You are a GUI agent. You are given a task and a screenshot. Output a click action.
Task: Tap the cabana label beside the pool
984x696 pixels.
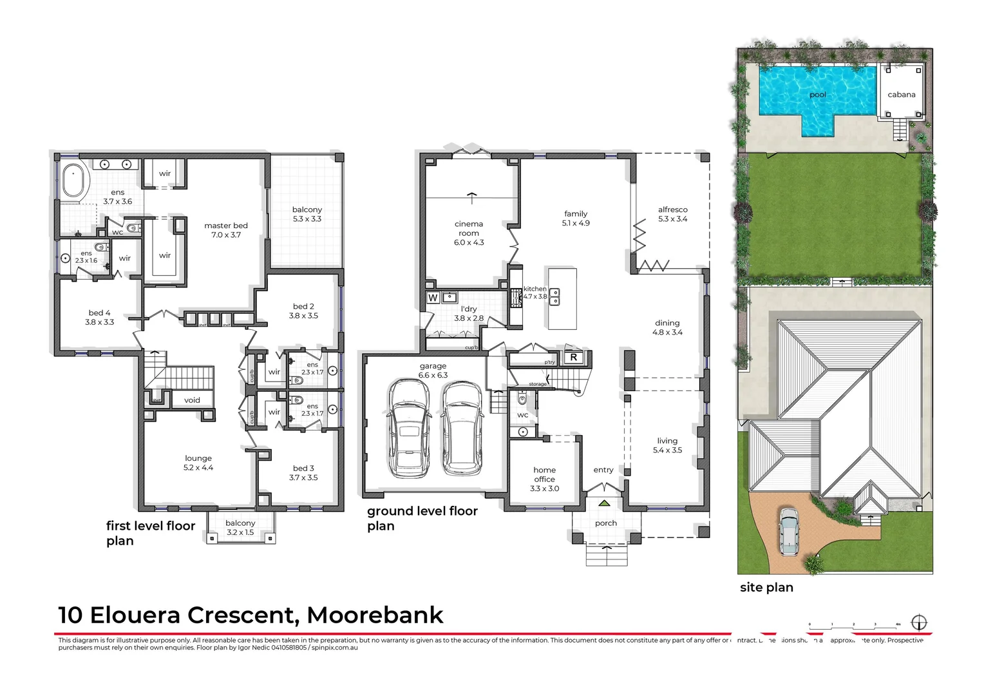point(901,95)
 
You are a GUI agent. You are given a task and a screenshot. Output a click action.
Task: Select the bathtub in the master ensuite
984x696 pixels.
point(73,180)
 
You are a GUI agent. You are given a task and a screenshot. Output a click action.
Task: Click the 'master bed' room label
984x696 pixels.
point(226,226)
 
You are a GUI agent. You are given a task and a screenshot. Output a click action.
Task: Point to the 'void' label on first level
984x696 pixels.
point(192,400)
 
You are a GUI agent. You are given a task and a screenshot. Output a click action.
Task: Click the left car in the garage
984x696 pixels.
point(409,427)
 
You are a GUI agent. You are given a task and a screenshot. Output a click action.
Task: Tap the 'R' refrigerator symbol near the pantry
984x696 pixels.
point(573,357)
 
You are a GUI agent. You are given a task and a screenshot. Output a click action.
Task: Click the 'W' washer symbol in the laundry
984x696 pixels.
point(433,298)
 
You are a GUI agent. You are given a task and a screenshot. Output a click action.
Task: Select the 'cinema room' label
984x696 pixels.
point(469,228)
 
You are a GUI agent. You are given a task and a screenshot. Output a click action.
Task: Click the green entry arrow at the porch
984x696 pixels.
point(604,503)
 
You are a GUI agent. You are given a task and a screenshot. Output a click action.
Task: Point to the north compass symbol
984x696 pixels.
point(919,623)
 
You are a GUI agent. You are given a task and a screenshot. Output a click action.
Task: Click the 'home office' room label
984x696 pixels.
point(544,474)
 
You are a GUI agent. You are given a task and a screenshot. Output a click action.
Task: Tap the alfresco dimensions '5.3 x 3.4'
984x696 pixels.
point(673,219)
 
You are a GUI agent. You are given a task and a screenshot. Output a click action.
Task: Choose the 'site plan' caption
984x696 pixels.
point(766,587)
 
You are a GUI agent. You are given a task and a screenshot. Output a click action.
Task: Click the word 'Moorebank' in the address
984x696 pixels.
point(375,615)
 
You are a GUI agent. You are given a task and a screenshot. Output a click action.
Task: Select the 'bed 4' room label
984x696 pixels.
point(100,313)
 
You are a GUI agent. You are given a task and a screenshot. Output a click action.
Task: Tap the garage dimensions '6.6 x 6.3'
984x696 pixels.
point(433,375)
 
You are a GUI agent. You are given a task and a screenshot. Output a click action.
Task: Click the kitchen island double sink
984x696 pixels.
point(554,297)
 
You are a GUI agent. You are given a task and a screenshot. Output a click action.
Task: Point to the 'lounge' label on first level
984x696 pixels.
point(198,458)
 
